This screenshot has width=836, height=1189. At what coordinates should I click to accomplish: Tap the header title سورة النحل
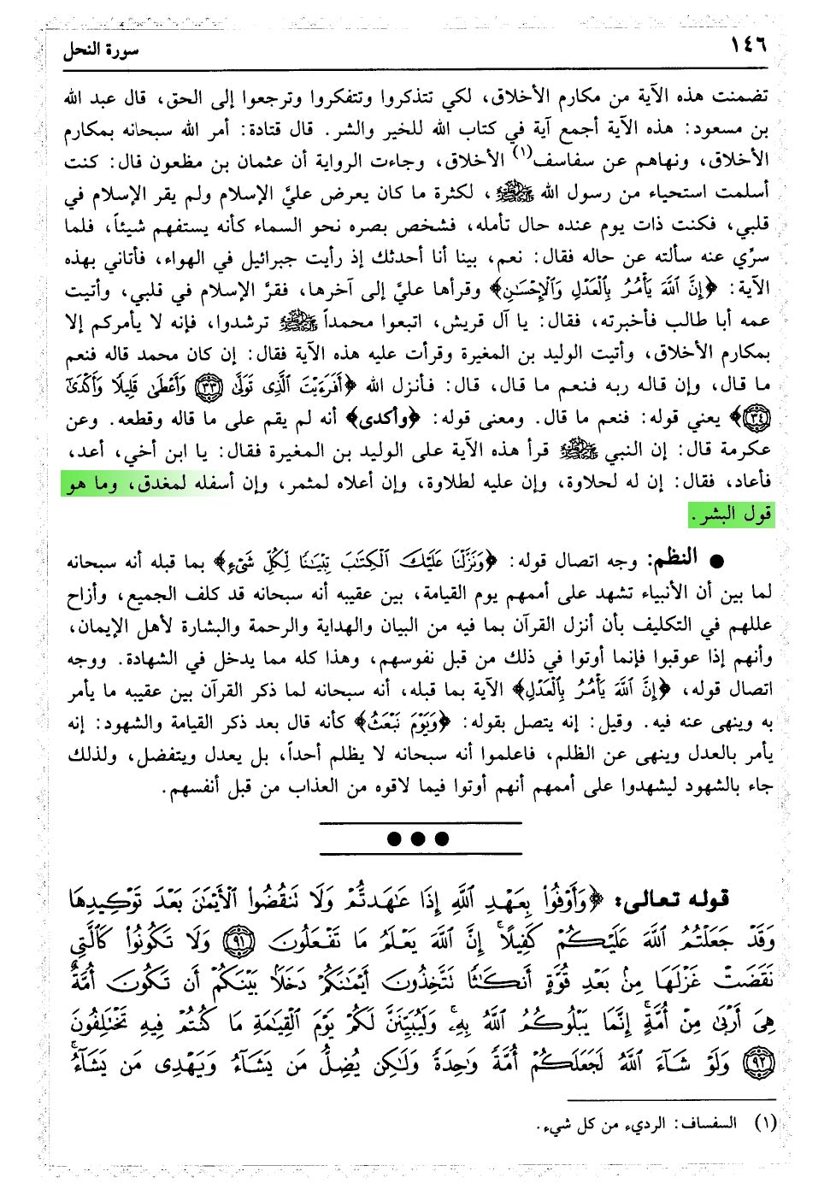101,50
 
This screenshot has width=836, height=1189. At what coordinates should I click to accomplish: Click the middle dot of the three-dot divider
418,839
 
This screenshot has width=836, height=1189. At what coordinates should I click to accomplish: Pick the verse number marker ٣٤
757,420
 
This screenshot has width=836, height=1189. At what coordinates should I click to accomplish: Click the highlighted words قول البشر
732,515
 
